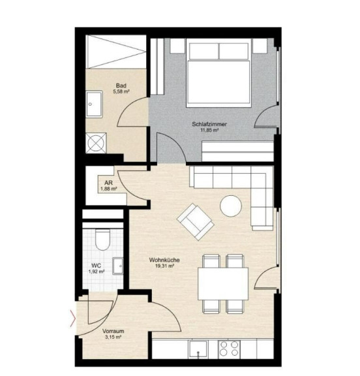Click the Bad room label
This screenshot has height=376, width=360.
[x=121, y=86]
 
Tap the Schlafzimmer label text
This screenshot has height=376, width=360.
[x=209, y=124]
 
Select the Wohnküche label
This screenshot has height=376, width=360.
[x=164, y=260]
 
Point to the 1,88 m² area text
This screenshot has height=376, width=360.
[x=109, y=189]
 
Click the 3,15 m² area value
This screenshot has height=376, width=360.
[x=113, y=337]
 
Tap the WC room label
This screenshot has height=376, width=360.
[x=97, y=266]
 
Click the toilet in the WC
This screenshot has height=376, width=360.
[x=102, y=240]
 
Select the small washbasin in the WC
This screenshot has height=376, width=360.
[x=118, y=266]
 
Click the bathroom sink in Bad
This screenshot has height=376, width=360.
[x=95, y=104]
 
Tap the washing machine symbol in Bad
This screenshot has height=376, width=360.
[x=96, y=143]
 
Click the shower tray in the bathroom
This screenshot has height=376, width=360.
[x=116, y=52]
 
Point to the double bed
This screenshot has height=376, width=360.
[x=218, y=74]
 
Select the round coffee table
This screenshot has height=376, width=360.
[x=231, y=206]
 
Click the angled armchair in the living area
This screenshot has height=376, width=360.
[x=195, y=221]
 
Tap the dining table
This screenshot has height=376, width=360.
[x=223, y=284]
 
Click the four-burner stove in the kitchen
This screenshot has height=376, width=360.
[x=229, y=349]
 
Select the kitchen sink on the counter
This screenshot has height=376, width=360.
[x=198, y=349]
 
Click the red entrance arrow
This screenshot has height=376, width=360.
[x=73, y=319]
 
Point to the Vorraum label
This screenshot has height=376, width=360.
[x=113, y=331]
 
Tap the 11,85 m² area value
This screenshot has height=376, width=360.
[x=209, y=130]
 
